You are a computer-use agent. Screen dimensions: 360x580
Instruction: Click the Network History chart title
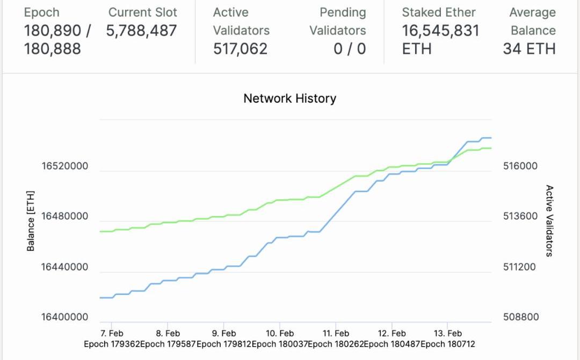[289, 98]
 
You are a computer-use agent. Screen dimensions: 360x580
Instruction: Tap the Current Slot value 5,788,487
[141, 31]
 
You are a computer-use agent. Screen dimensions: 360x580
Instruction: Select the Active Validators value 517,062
[240, 49]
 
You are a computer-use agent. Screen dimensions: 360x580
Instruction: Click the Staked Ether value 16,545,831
[440, 31]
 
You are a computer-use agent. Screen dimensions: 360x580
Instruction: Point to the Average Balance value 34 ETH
[529, 49]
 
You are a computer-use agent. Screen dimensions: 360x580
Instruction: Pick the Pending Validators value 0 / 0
[350, 49]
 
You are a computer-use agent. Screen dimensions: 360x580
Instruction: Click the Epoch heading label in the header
[41, 12]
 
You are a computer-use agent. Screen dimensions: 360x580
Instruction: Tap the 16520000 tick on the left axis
[64, 166]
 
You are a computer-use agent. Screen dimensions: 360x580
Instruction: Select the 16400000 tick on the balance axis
[64, 317]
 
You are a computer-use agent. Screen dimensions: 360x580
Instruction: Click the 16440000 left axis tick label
[64, 267]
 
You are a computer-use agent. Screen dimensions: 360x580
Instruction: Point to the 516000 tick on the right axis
[520, 166]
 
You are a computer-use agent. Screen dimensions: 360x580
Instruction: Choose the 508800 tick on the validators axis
[520, 317]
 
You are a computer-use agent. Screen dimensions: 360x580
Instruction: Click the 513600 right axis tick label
[520, 217]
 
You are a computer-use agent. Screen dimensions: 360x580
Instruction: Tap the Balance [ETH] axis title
[31, 221]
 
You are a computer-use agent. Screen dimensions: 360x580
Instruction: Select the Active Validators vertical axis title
[549, 221]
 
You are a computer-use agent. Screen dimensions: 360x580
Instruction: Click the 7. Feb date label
[112, 334]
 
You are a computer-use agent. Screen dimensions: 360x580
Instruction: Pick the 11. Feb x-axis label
[335, 334]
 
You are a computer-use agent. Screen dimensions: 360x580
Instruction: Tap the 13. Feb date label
[447, 334]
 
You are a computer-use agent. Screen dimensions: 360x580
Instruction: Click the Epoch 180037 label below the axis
[279, 344]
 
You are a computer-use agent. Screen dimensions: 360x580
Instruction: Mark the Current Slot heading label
[143, 12]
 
